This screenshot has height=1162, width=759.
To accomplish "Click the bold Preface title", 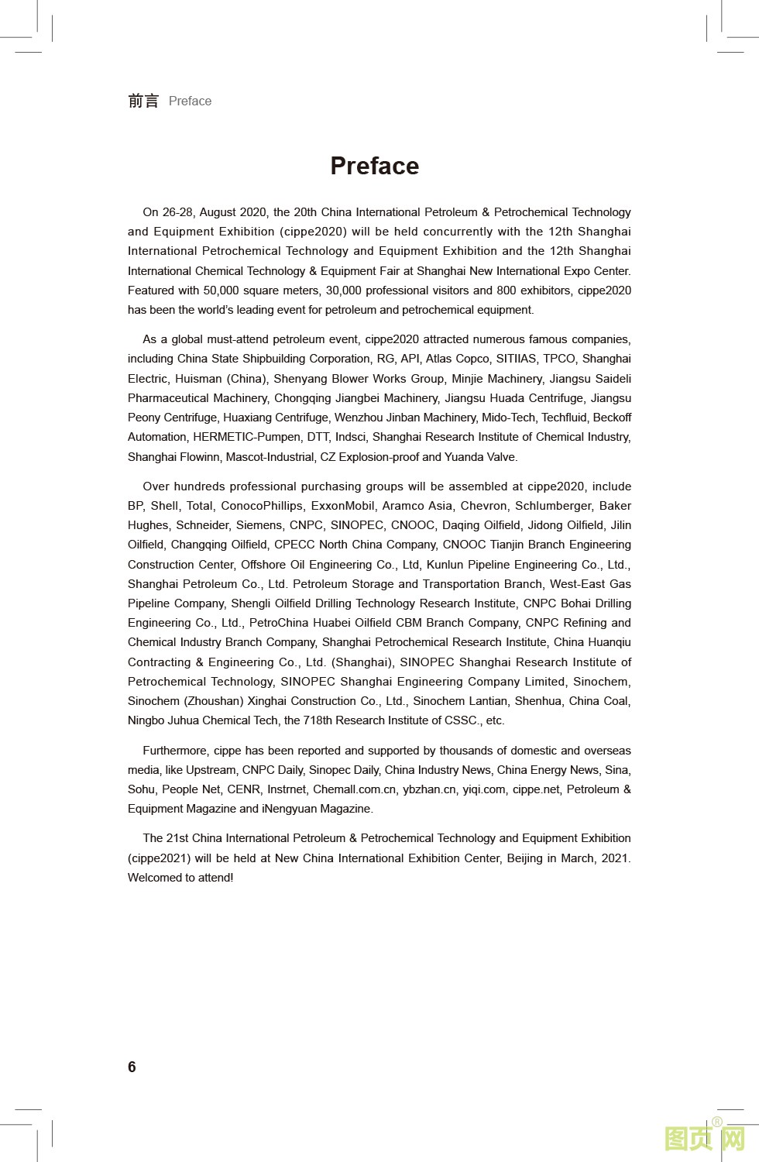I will click(x=374, y=166).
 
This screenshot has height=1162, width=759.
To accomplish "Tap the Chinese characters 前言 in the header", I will click(x=143, y=101).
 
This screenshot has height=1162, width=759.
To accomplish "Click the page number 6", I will click(x=132, y=1067).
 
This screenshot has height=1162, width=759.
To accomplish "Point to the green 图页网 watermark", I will click(x=705, y=1139).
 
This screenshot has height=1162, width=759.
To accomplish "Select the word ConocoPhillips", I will click(x=262, y=506).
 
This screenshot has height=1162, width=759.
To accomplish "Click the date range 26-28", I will click(x=178, y=212).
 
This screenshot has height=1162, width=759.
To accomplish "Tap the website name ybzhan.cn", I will click(x=429, y=789).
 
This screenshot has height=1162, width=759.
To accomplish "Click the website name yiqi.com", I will click(x=484, y=789).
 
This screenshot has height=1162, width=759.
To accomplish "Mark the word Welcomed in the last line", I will click(x=156, y=878).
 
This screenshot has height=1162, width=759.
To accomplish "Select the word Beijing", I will click(x=524, y=858).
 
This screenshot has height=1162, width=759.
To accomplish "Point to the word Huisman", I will click(x=197, y=379).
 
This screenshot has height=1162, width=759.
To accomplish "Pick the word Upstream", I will click(x=211, y=770).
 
